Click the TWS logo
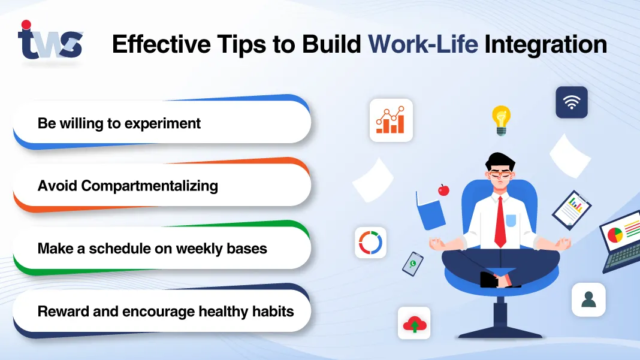[50, 41]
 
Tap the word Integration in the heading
[545, 45]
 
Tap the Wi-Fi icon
[571, 102]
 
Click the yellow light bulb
[500, 119]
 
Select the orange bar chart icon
[391, 120]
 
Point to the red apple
[443, 190]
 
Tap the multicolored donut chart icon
[370, 243]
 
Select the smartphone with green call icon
[412, 264]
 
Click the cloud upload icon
[414, 323]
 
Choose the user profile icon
[588, 300]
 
